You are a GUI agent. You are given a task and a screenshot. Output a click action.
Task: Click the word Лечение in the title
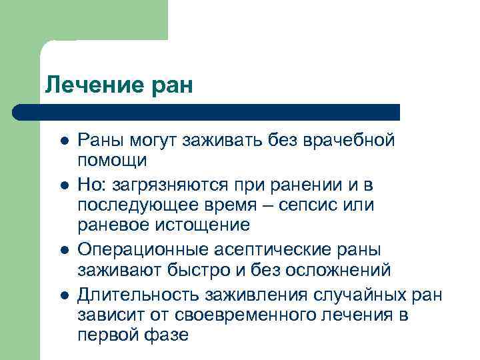(91, 85)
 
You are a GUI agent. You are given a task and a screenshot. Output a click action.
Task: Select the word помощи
(111, 161)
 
